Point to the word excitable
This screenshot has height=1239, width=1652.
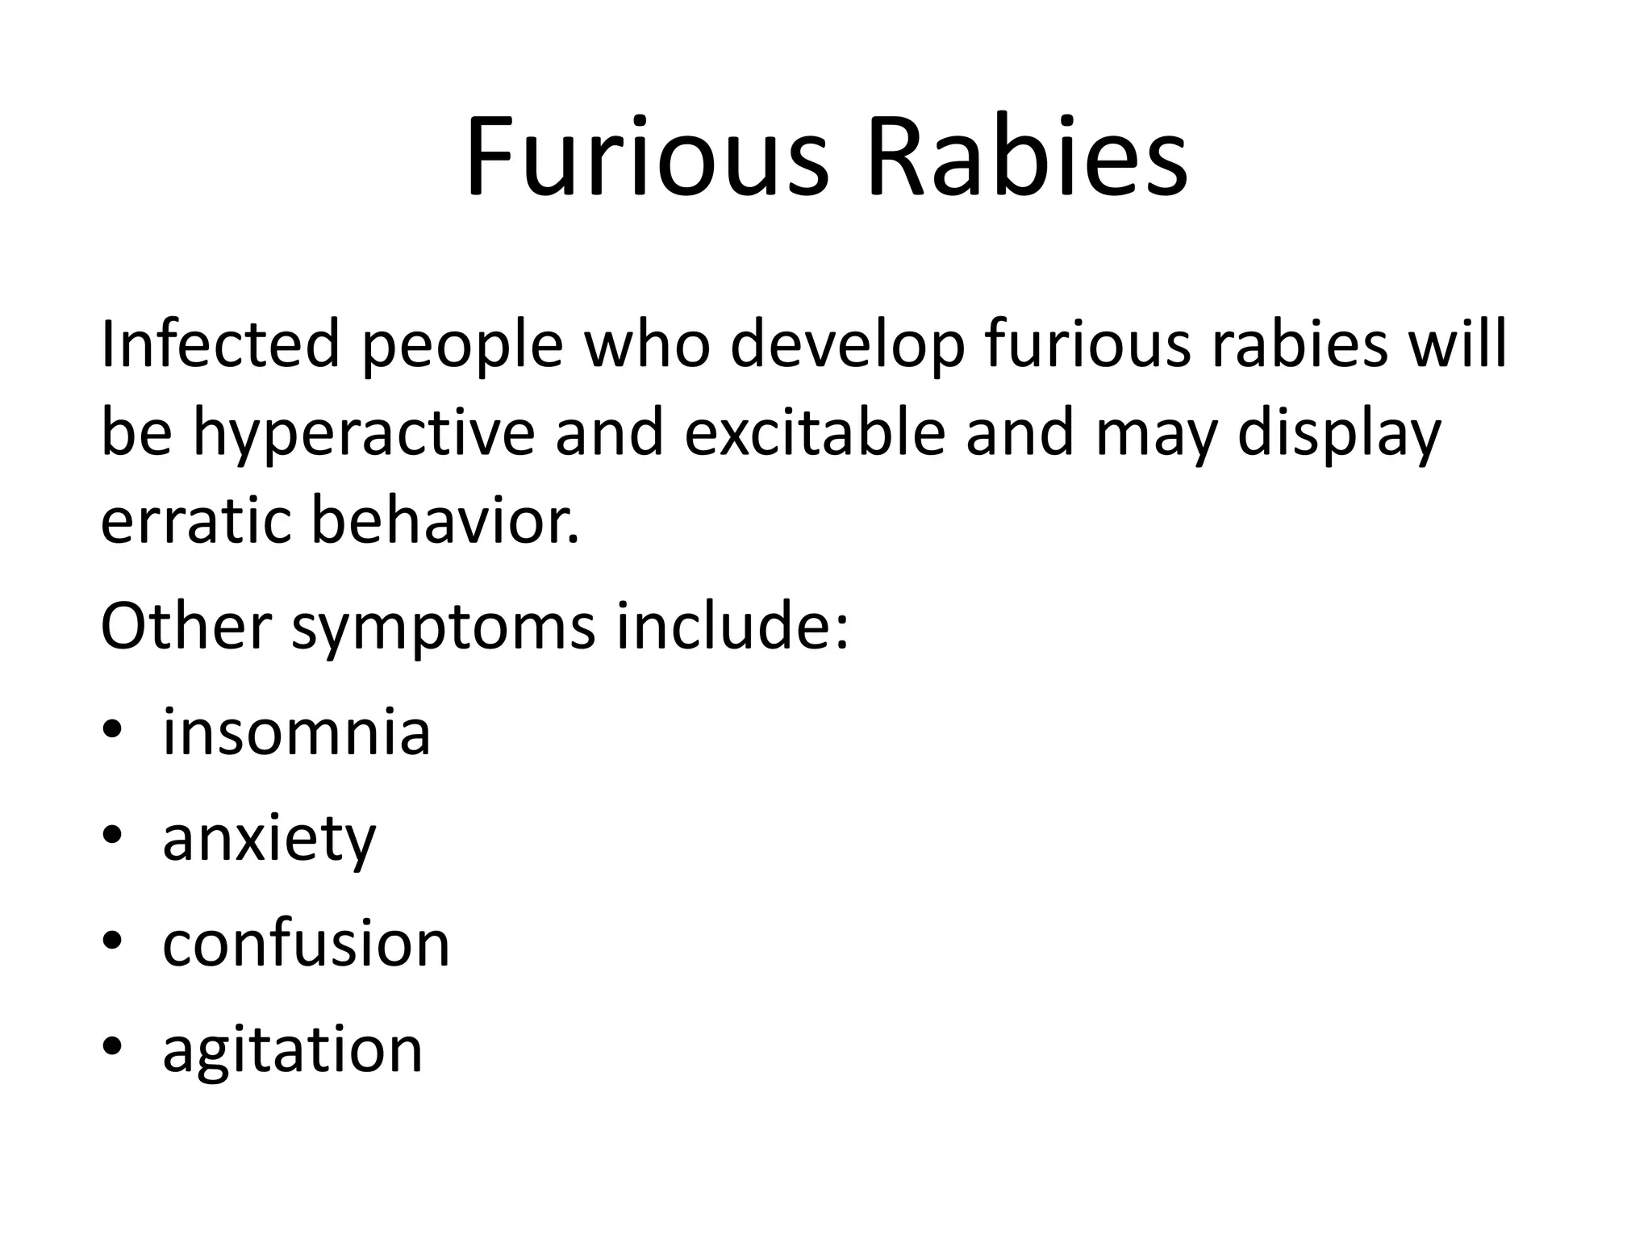(x=815, y=432)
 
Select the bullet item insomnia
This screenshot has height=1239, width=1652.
(x=296, y=732)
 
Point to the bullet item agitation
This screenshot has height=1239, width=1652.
(x=292, y=1052)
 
